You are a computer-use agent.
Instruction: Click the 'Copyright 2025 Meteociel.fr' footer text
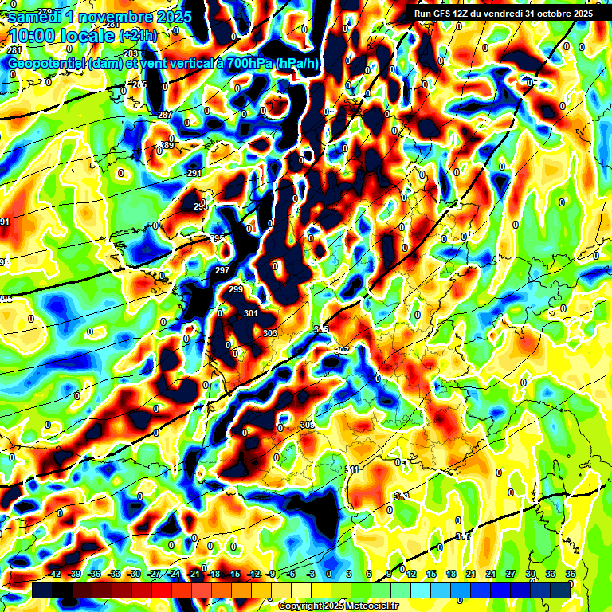[x=338, y=606]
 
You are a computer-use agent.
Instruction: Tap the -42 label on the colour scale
[x=55, y=574]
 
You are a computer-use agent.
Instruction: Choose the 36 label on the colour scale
[x=571, y=574]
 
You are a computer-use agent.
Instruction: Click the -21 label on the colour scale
[x=194, y=574]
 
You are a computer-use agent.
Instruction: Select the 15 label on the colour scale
[x=431, y=574]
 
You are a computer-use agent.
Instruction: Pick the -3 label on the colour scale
[x=312, y=574]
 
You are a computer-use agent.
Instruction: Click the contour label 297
[x=222, y=271]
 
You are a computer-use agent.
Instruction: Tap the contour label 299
[x=236, y=289]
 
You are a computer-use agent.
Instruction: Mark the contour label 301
[x=251, y=313]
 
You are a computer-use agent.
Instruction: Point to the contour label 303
[x=270, y=333]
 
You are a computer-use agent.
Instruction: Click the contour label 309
[x=308, y=426]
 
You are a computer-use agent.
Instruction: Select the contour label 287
[x=165, y=116]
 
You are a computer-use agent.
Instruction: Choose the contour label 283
[x=131, y=76]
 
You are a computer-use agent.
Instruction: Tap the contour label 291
[x=194, y=173]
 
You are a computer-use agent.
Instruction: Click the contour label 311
[x=351, y=470]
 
